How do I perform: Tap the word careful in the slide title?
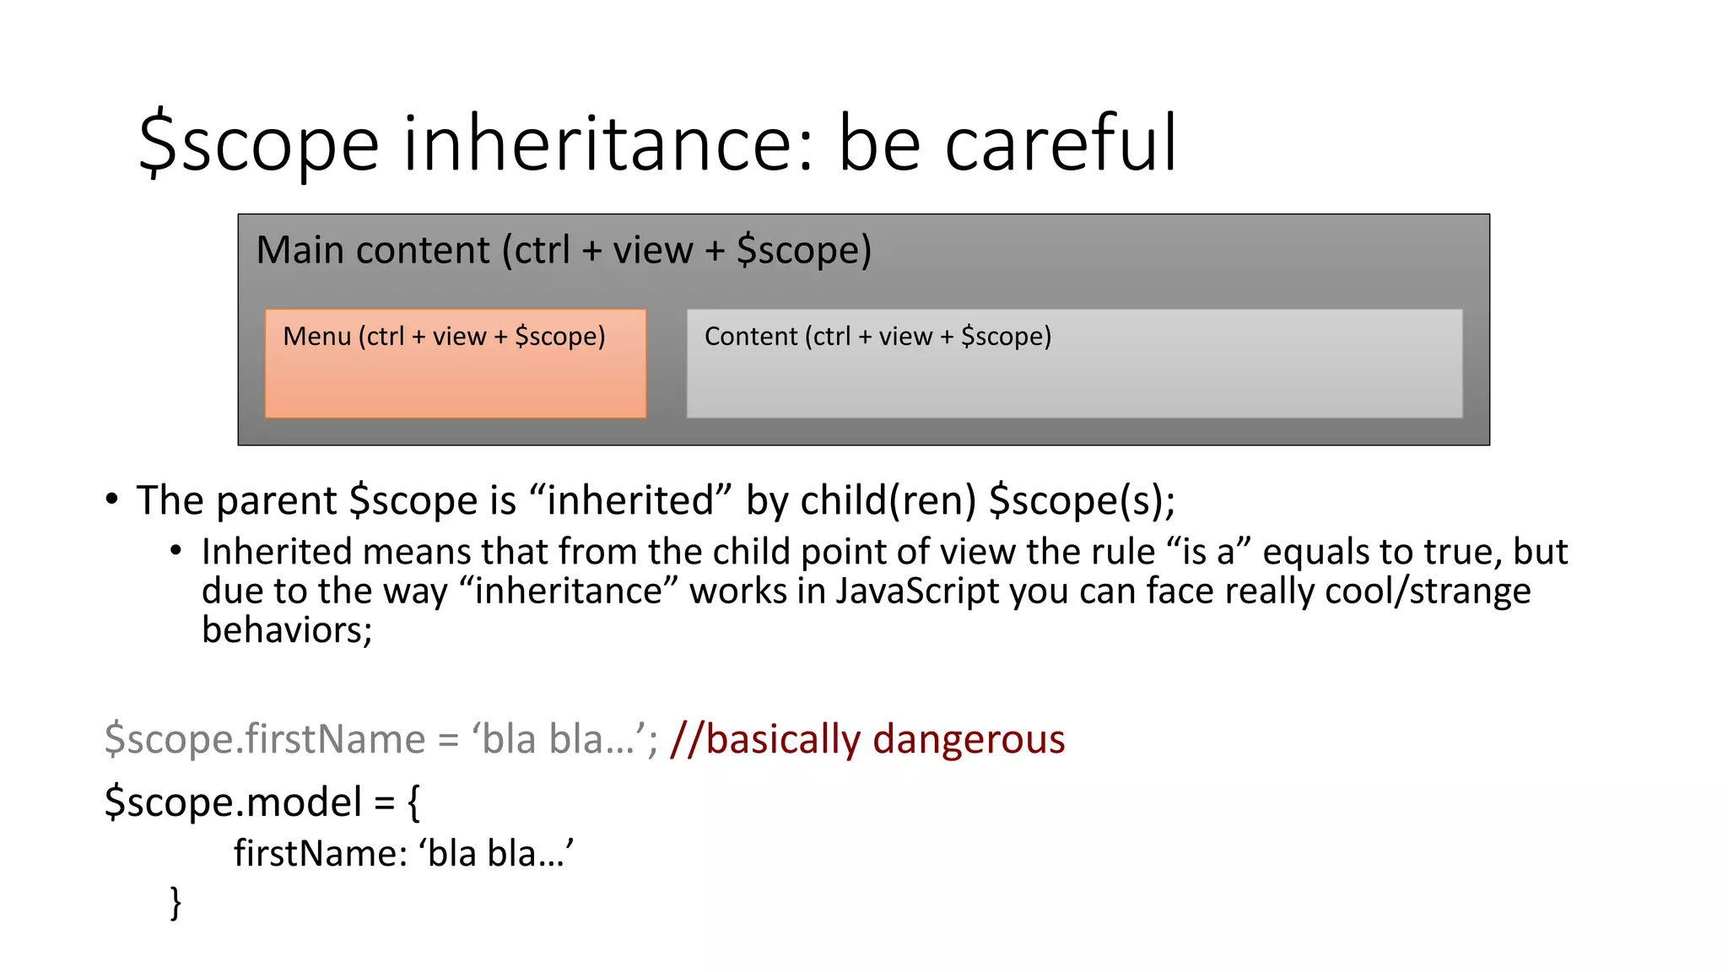point(1060,144)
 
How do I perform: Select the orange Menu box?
point(456,380)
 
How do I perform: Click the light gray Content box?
point(1073,380)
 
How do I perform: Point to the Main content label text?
point(563,251)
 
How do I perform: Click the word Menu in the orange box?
point(316,337)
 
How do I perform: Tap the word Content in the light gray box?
point(751,337)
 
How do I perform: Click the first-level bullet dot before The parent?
point(112,499)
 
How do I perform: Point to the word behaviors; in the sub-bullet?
point(287,630)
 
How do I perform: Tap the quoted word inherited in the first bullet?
point(630,500)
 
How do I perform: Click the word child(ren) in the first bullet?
point(888,500)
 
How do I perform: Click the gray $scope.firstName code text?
point(265,739)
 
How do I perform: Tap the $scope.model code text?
point(233,802)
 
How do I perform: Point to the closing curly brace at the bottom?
point(175,903)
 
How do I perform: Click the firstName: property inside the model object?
point(321,854)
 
